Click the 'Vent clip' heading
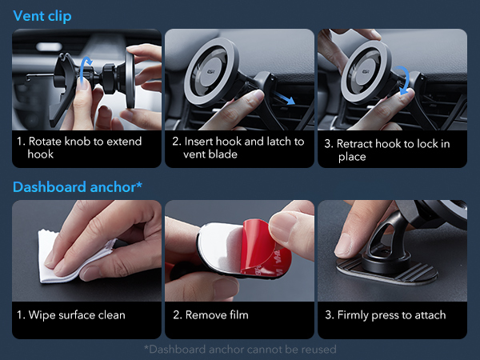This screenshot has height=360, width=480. [x=42, y=16]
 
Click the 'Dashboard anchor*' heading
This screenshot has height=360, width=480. [x=78, y=187]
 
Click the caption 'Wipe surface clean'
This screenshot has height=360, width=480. [x=70, y=315]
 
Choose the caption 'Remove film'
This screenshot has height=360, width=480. [x=217, y=315]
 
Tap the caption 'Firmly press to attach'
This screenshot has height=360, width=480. [x=385, y=315]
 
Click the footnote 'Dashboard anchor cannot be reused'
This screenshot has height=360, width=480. [x=240, y=349]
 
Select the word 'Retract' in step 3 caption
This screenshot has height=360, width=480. [x=357, y=144]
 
